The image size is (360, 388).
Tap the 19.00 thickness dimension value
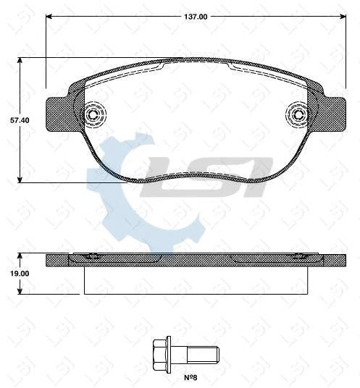pyautogui.click(x=9, y=274)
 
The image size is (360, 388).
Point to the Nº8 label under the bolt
pyautogui.click(x=191, y=376)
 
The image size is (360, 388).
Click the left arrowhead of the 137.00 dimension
pyautogui.click(x=49, y=15)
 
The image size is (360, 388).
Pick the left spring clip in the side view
pyautogui.click(x=89, y=257)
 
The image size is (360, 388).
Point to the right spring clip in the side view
pyautogui.click(x=299, y=257)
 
